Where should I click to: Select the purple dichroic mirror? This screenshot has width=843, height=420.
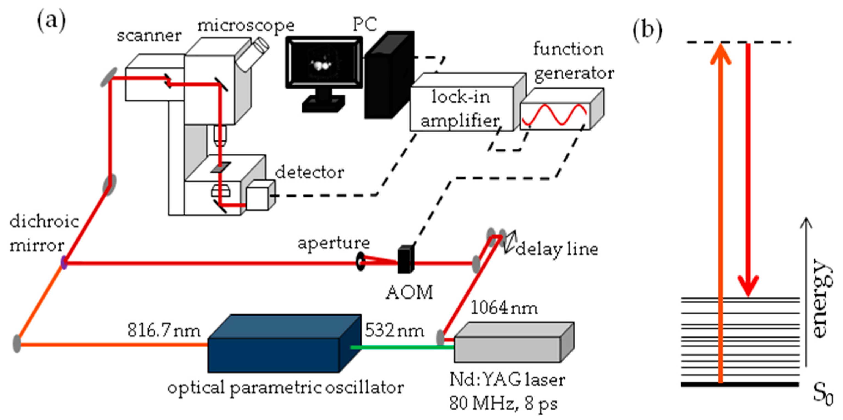pyautogui.click(x=64, y=262)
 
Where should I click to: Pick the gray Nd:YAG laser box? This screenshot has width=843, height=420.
pyautogui.click(x=511, y=346)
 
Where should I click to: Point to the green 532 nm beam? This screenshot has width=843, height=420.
pyautogui.click(x=403, y=347)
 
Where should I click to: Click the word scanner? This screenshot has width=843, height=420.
pyautogui.click(x=149, y=35)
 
